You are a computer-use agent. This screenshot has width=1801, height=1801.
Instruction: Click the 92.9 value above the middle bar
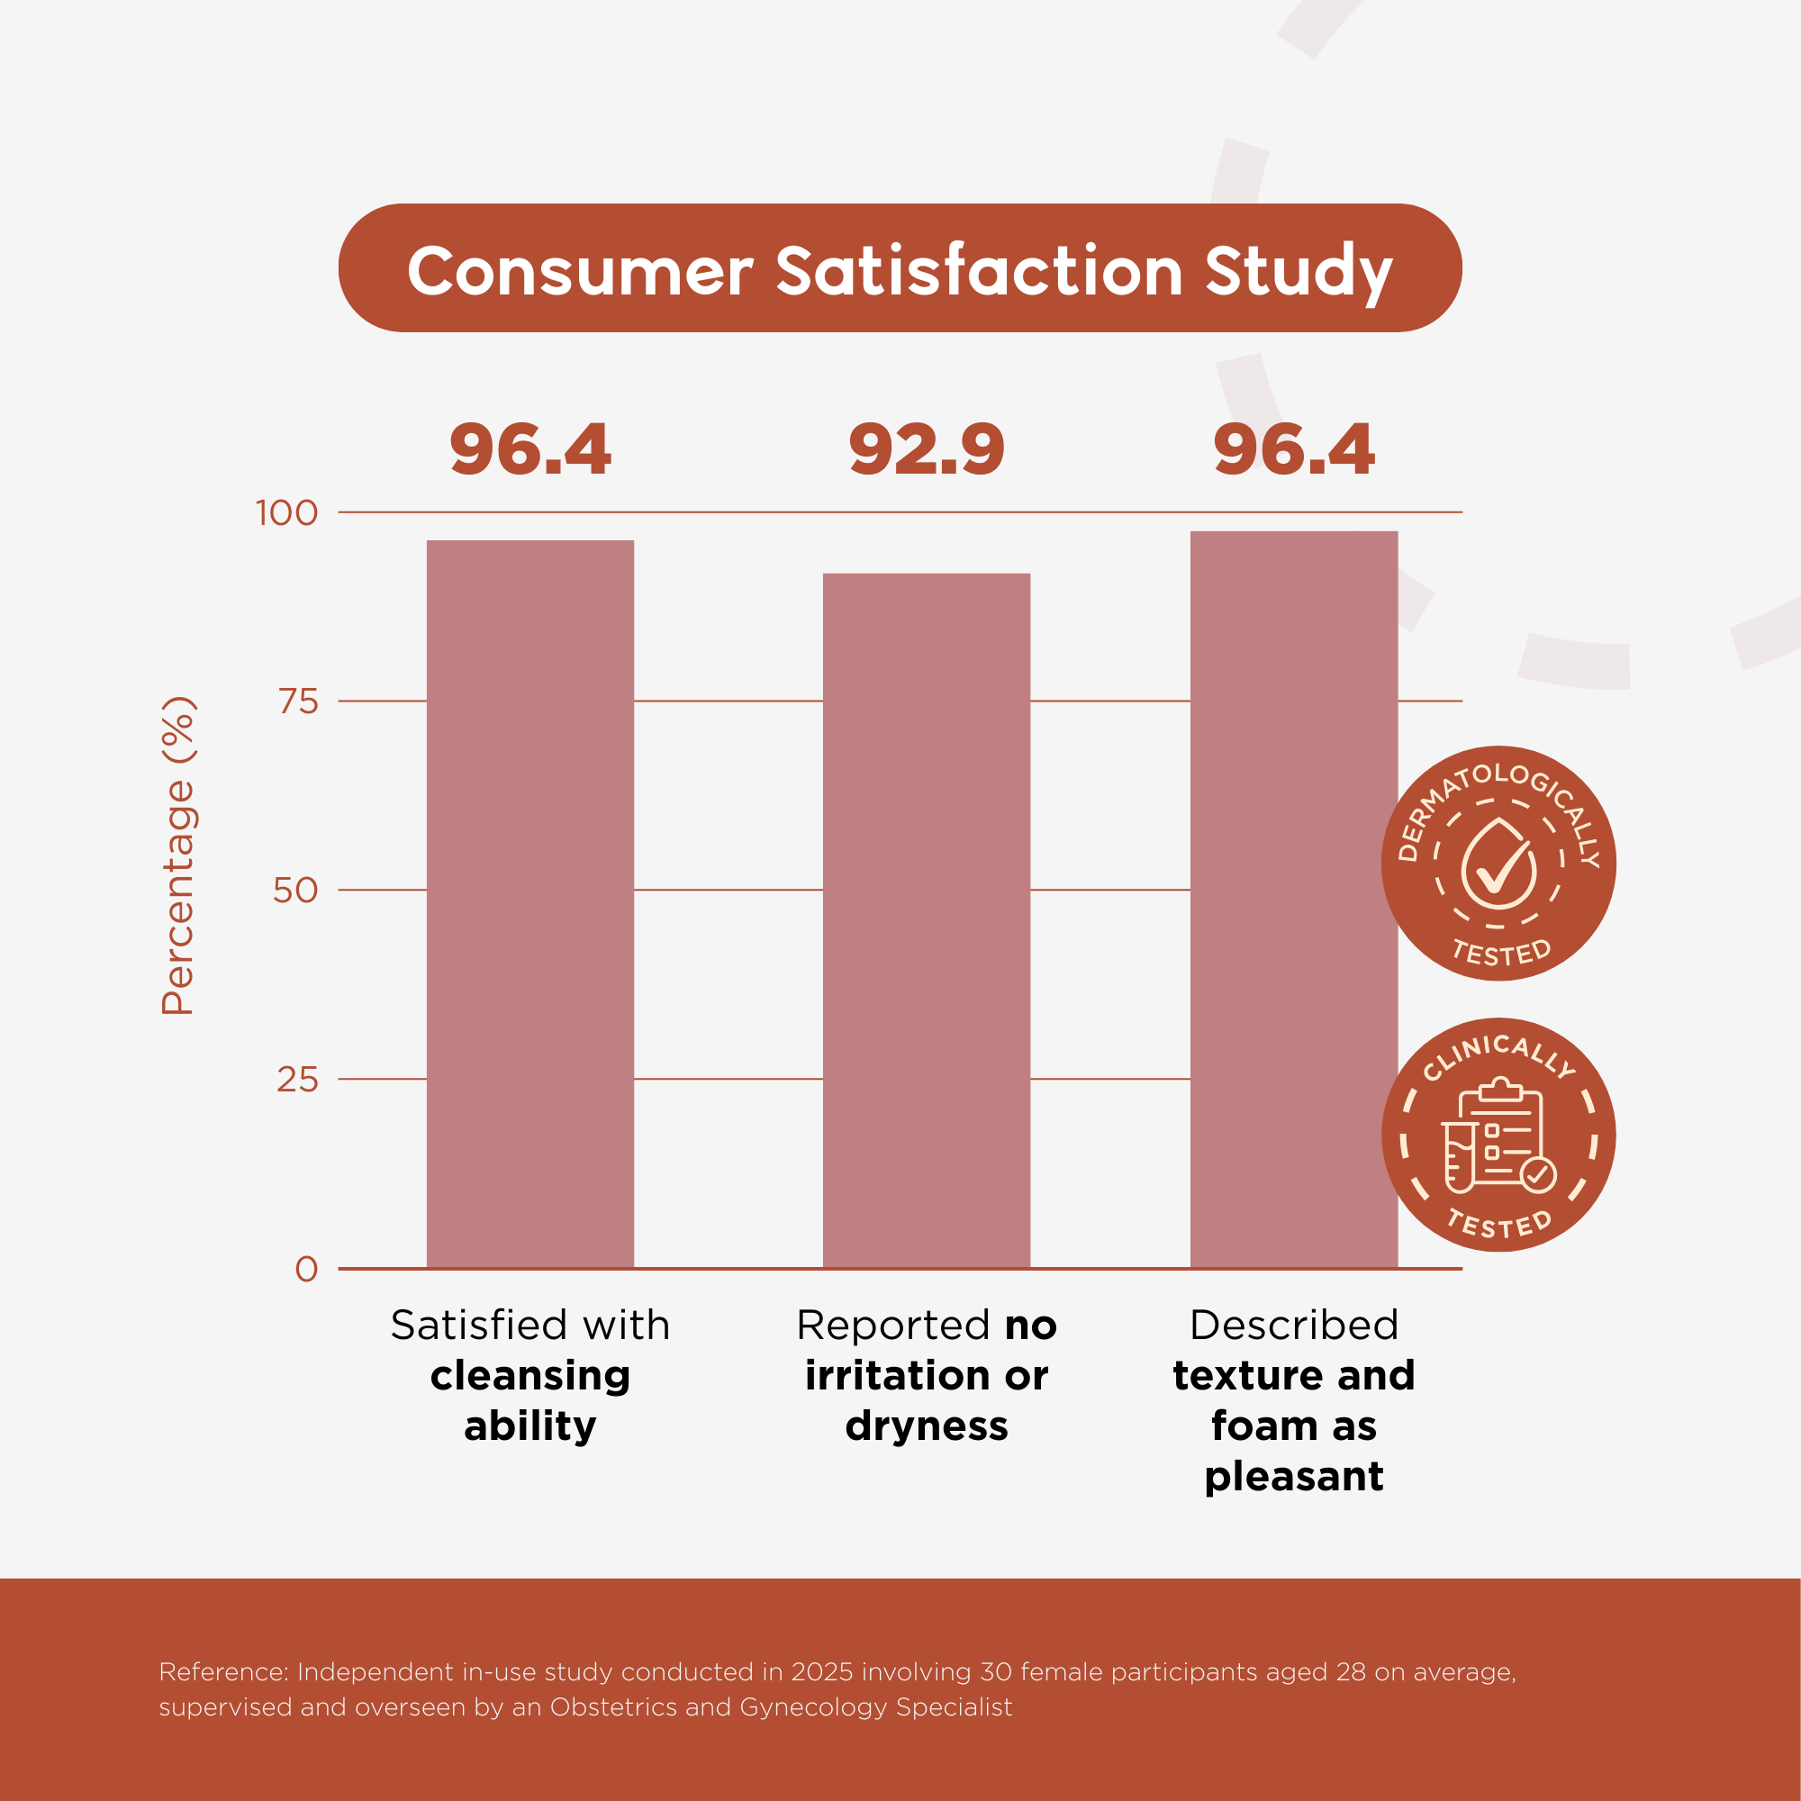[926, 449]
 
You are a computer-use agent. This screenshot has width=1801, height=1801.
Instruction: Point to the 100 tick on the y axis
[287, 512]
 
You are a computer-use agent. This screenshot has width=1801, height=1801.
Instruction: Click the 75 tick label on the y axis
[298, 701]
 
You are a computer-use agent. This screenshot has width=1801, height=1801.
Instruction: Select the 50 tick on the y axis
[295, 891]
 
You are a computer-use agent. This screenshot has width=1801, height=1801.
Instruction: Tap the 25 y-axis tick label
[297, 1080]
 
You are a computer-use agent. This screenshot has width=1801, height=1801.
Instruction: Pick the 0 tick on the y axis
[306, 1269]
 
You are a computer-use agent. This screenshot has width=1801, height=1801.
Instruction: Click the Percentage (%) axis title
[177, 855]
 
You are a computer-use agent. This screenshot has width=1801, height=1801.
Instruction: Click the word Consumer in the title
[579, 271]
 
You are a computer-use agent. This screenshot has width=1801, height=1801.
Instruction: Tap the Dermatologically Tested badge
[1498, 864]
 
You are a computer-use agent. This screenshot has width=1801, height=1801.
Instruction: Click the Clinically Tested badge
[1498, 1135]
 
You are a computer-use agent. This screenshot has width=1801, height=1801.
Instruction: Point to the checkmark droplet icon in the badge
[1498, 865]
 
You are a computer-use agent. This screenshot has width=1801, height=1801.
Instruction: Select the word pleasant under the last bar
[1293, 1477]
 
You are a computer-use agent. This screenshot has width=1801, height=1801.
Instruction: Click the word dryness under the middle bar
[926, 1426]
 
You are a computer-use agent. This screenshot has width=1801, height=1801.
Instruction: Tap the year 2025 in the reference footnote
[821, 1671]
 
